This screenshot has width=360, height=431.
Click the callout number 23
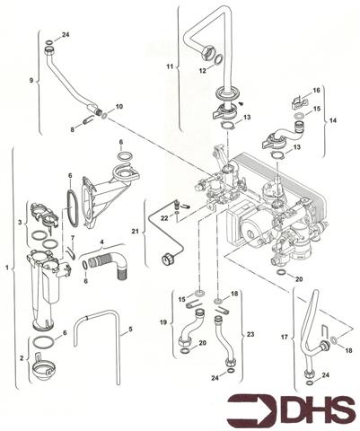pyautogui.click(x=250, y=334)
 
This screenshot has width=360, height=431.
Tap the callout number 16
pyautogui.click(x=315, y=92)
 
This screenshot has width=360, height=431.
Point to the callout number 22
pyautogui.click(x=164, y=218)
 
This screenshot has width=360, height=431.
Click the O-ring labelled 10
pyautogui.click(x=106, y=116)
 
